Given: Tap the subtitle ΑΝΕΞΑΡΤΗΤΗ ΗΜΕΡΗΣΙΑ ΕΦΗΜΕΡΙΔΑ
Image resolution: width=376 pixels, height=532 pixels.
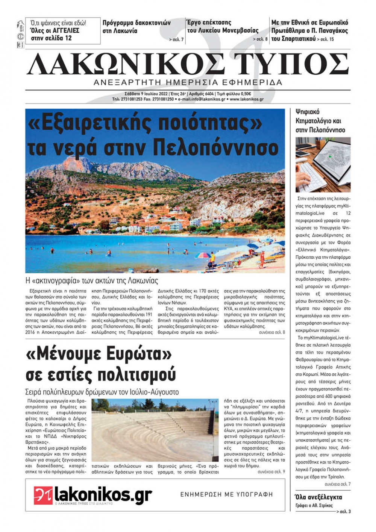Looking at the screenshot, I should [188, 82].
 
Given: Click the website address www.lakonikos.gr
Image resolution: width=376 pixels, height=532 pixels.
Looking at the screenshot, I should [246, 99].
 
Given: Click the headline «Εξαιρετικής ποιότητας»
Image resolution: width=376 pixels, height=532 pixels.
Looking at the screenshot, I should [145, 123].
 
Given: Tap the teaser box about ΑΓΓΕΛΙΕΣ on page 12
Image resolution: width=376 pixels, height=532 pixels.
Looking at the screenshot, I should [63, 30].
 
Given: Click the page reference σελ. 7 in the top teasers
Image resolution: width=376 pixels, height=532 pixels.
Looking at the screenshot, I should [176, 39].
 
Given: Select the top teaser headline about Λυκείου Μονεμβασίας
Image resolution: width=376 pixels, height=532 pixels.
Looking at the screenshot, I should [223, 27].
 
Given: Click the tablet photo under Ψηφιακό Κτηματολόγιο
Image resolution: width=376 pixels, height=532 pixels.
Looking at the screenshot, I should [323, 164].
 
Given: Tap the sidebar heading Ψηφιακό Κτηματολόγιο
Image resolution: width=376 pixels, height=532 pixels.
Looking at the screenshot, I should [320, 121].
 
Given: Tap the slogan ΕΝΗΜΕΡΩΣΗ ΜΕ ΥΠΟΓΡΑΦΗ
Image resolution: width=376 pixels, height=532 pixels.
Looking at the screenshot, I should [226, 494].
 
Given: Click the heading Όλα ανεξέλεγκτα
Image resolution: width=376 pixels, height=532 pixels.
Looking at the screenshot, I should [318, 497].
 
